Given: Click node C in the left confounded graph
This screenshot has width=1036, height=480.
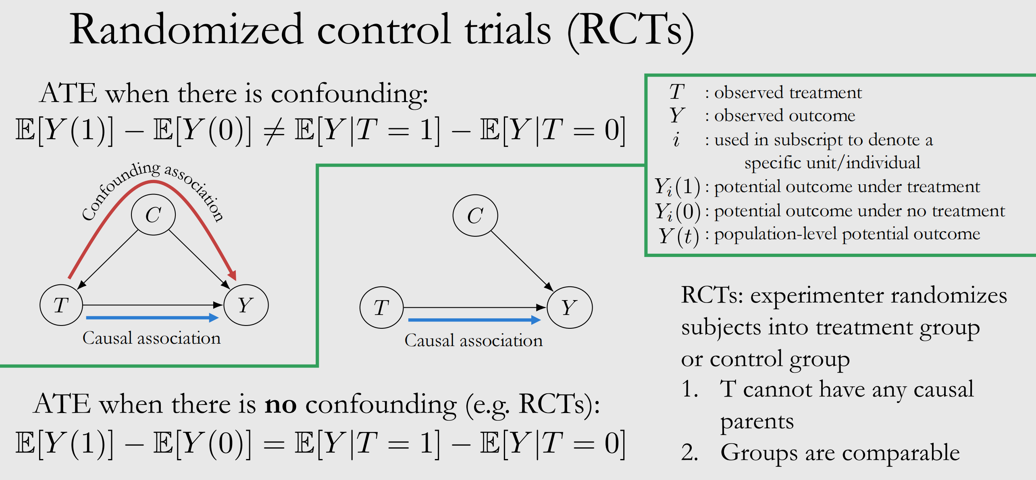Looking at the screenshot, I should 153,214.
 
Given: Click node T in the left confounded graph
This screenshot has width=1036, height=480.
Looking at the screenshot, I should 61,305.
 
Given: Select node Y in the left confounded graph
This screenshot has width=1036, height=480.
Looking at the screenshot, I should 246,305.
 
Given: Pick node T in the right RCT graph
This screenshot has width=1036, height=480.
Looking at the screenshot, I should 381,307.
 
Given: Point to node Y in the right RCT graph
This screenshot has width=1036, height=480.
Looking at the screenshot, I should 569,307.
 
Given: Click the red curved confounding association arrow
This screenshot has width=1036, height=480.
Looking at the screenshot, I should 153,183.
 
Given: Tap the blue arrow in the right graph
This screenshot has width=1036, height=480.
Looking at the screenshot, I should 474,320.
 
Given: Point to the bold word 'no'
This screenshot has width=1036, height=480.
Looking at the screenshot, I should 281,404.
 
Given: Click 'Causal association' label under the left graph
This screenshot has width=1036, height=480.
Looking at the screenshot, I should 152,338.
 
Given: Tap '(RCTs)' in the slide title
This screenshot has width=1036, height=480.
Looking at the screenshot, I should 630,30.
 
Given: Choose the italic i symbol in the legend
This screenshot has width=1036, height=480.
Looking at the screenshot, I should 676,140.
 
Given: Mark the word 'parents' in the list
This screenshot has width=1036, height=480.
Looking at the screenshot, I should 757,422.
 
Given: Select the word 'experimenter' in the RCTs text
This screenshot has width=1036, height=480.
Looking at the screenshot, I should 817,296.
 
